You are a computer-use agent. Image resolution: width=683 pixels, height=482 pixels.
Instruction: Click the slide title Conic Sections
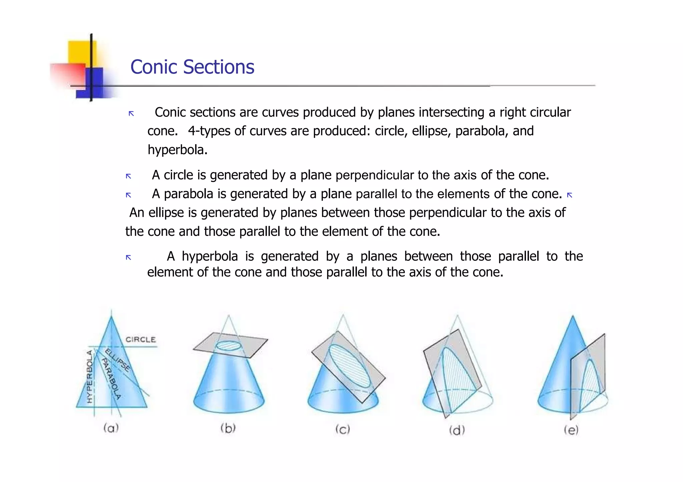192,67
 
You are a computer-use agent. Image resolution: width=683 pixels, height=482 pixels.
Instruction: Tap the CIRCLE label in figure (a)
140,339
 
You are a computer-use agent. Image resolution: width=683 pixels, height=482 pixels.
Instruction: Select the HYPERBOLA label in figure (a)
90,377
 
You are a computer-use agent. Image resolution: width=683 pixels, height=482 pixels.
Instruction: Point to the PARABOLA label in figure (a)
111,378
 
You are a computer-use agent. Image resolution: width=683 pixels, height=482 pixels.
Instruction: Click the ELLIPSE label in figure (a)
117,360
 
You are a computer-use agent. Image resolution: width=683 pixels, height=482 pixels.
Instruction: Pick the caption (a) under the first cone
111,427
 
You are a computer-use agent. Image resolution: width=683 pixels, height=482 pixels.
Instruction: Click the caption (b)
228,428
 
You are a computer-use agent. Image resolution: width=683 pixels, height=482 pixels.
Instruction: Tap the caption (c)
343,429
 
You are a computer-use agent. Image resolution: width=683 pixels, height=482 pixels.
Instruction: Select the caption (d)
457,430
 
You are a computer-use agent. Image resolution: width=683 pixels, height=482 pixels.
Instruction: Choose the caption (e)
571,430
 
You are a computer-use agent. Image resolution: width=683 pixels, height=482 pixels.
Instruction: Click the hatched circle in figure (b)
228,345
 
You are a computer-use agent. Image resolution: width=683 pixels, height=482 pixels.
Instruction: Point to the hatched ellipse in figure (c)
350,366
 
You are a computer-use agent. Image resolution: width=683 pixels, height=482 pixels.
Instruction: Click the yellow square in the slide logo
80,52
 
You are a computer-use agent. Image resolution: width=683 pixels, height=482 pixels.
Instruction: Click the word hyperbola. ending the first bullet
177,150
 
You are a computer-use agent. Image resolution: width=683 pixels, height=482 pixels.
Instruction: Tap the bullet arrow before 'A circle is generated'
128,176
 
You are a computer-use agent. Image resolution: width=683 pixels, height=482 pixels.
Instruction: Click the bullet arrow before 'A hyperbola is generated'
128,257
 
